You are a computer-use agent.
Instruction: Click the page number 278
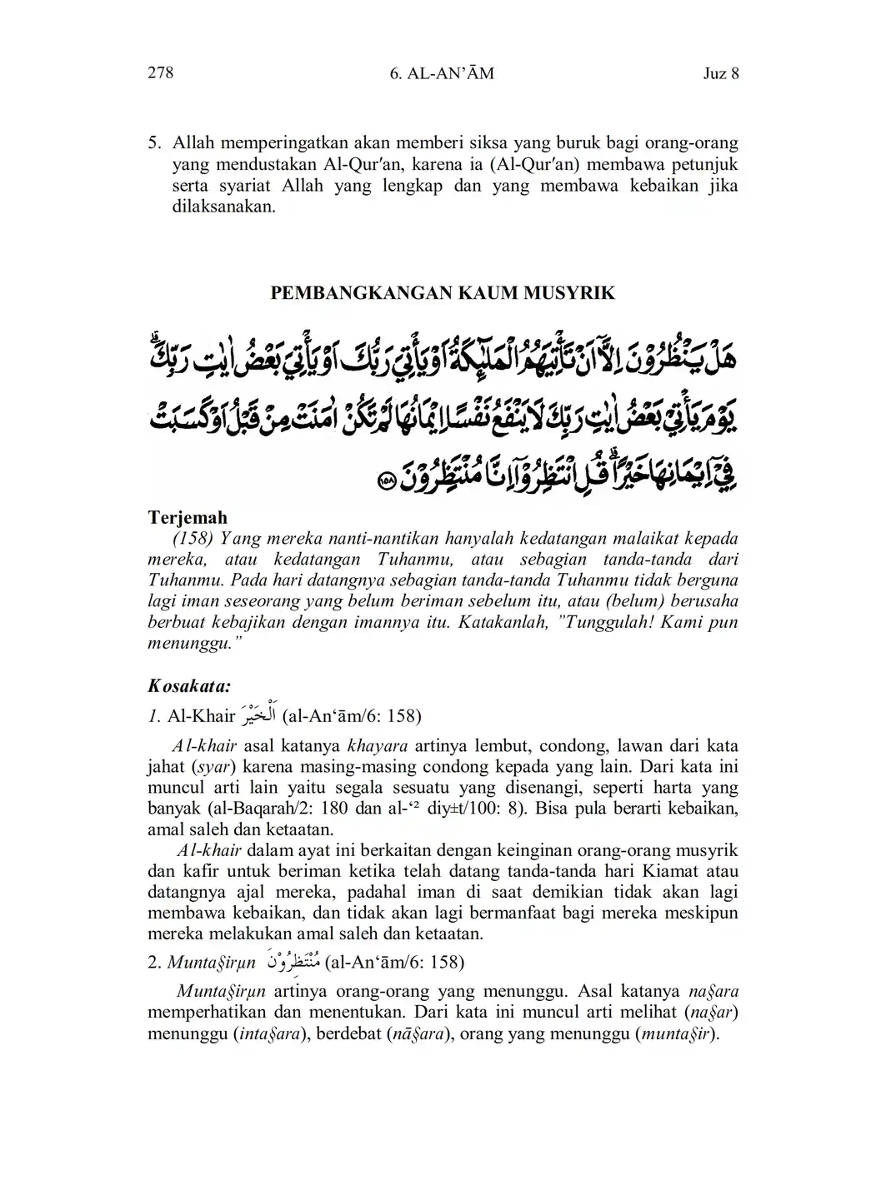coord(160,73)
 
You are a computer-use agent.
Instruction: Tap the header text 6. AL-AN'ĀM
coord(442,73)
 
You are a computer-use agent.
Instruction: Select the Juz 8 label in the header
coord(721,73)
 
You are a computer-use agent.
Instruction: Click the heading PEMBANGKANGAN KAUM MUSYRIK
coord(443,293)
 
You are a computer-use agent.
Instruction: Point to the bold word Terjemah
coord(188,517)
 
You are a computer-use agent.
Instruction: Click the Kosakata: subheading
coord(189,686)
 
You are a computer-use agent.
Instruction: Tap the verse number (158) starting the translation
coord(193,539)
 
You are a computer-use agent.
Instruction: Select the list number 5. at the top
coord(154,142)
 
